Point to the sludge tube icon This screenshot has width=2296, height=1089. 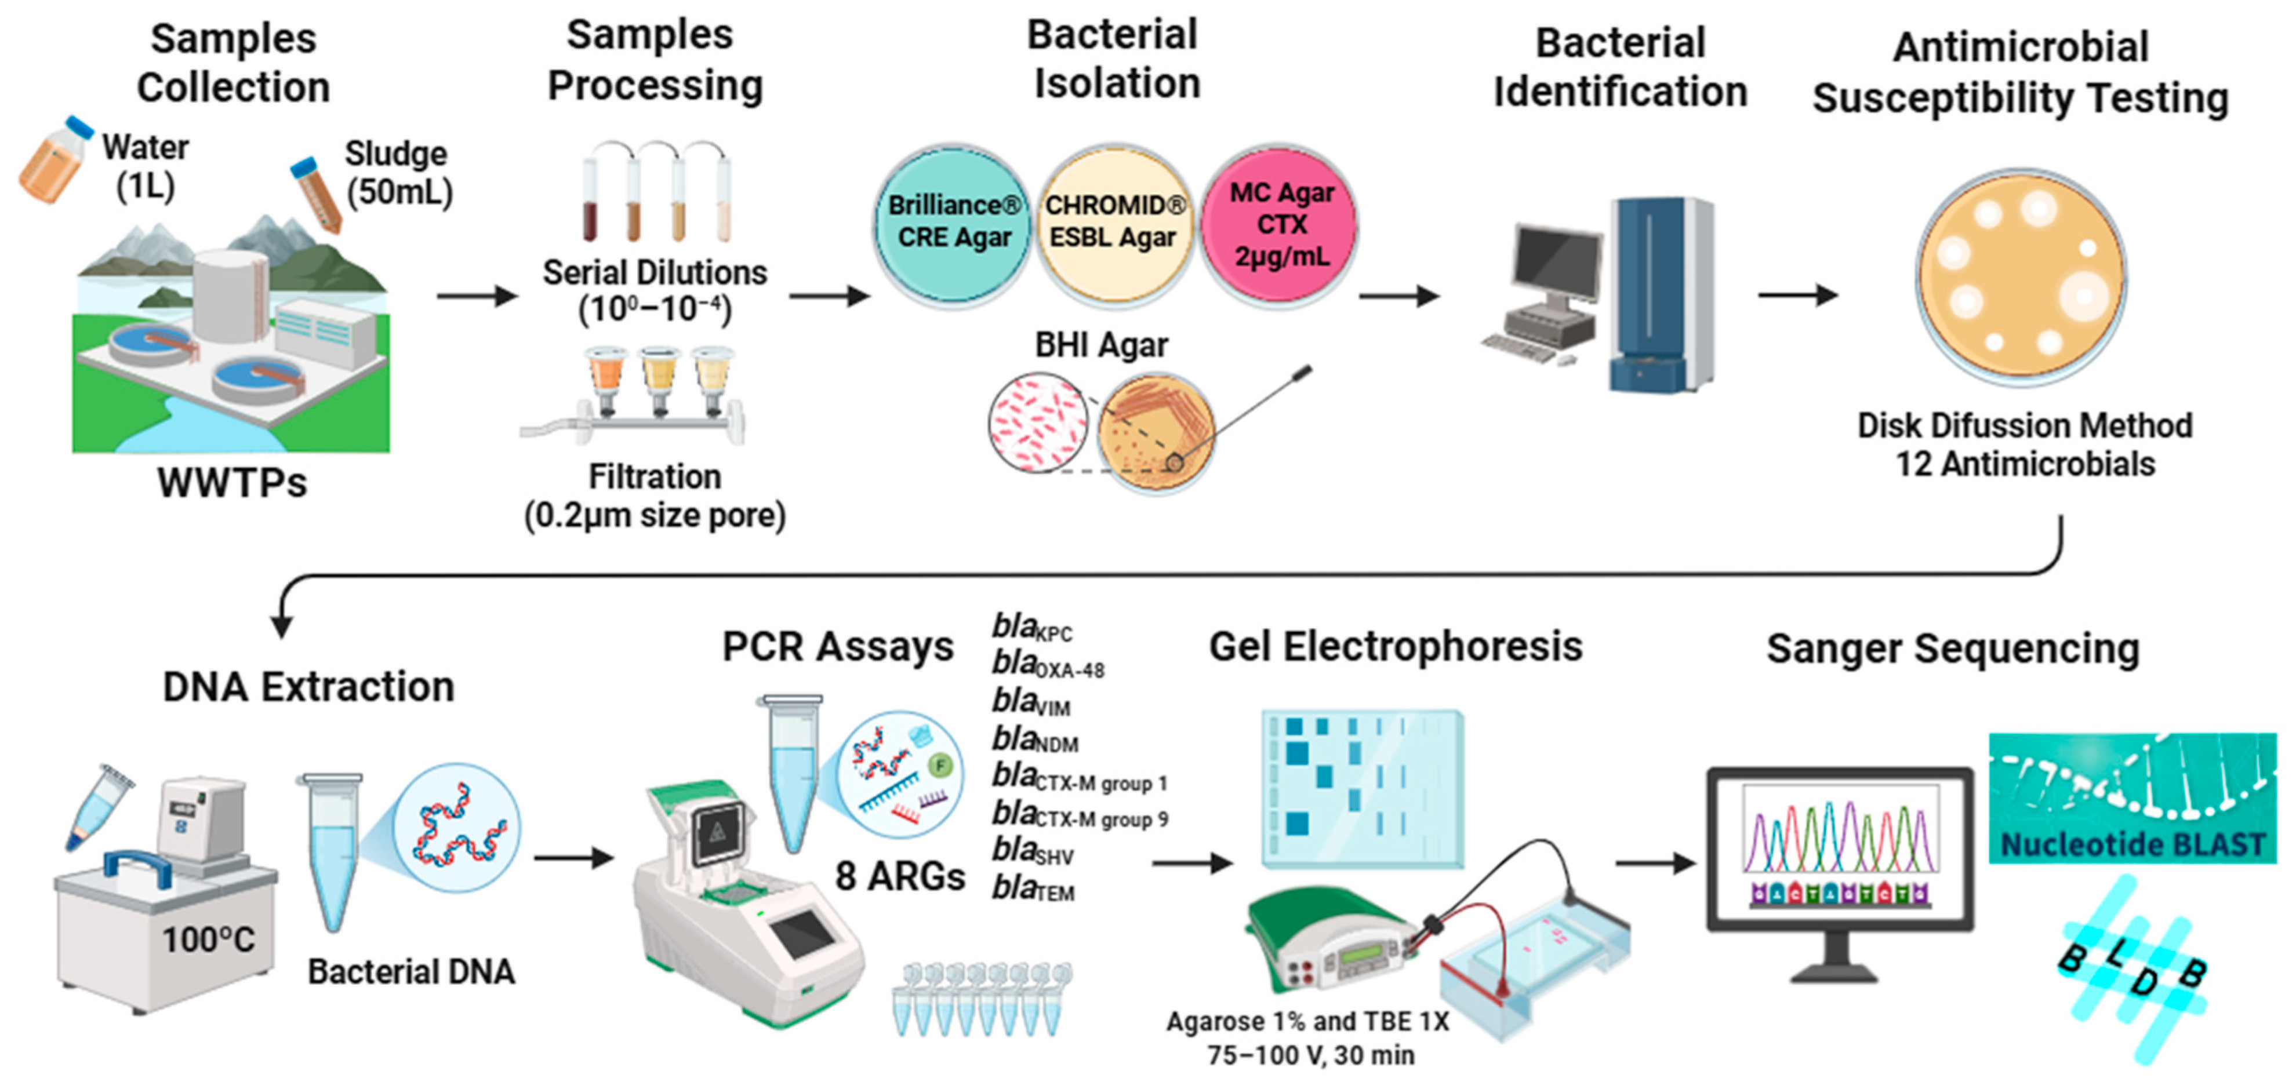coord(317,194)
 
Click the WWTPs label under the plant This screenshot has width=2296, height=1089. coord(232,483)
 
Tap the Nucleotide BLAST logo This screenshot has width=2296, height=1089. coord(2132,797)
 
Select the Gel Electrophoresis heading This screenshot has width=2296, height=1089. coord(1395,646)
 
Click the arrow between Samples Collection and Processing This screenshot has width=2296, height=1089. coord(476,296)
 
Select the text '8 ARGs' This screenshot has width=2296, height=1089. coord(899,877)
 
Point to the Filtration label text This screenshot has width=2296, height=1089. coord(654,477)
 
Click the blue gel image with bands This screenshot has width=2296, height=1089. coord(1361,789)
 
